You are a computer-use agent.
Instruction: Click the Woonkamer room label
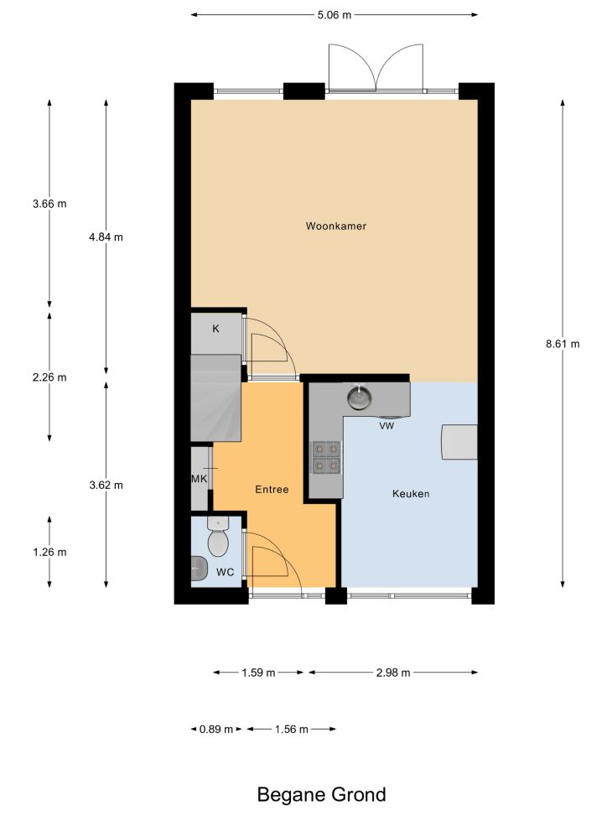point(335,226)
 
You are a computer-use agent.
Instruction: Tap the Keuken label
point(411,493)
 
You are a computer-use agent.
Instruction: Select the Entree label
point(272,489)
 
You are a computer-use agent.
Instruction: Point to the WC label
point(225,572)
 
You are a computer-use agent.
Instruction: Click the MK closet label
point(199,479)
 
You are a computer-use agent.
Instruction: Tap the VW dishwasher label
point(386,426)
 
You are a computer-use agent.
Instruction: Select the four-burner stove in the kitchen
point(326,456)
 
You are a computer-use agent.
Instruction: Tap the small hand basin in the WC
point(199,569)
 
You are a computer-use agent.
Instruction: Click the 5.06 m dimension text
point(335,15)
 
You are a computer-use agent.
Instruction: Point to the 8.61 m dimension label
point(563,344)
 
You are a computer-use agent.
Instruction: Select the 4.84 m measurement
point(106,237)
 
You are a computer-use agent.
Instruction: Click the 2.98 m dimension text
point(393,673)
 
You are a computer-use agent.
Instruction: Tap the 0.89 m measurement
point(216,729)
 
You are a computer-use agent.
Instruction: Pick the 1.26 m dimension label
point(49,552)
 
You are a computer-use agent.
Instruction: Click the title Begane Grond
point(322,795)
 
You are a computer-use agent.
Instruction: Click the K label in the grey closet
point(216,329)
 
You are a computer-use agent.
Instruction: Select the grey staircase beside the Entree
point(216,398)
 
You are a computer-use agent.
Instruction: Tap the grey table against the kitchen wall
point(459,442)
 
